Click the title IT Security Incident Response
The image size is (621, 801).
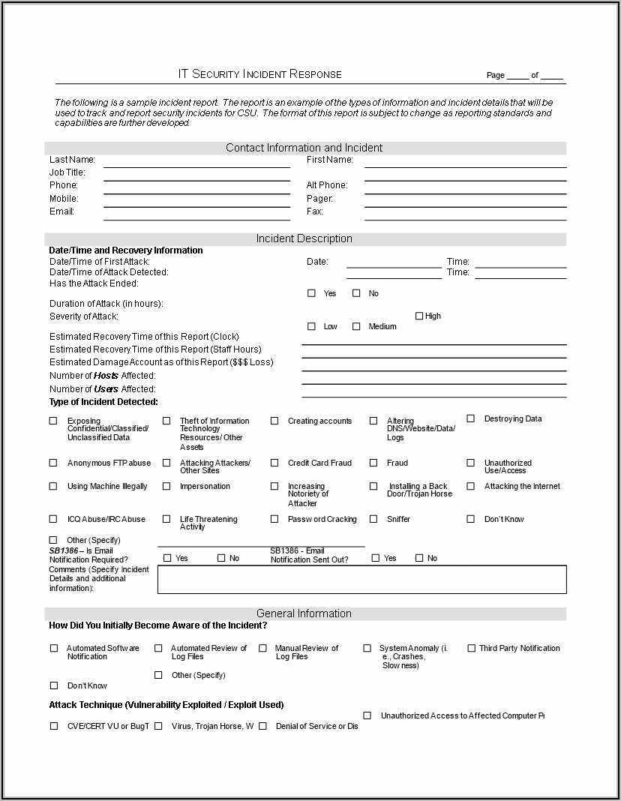[x=259, y=74]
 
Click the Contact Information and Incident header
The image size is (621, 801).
[x=304, y=148]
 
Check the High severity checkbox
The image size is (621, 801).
[x=419, y=316]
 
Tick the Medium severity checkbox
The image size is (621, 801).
[x=356, y=326]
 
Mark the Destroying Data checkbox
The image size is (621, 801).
[x=471, y=418]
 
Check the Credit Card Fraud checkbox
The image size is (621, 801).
[x=274, y=463]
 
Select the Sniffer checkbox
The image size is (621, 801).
[x=373, y=519]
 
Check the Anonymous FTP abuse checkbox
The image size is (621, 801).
[x=53, y=463]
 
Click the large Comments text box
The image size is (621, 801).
[x=361, y=579]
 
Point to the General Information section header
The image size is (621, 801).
[x=304, y=613]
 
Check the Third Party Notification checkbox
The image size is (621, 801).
[x=472, y=648]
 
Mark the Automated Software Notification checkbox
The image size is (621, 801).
[x=54, y=648]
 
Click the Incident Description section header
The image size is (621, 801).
[x=304, y=238]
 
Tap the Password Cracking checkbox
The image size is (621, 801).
[x=274, y=519]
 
